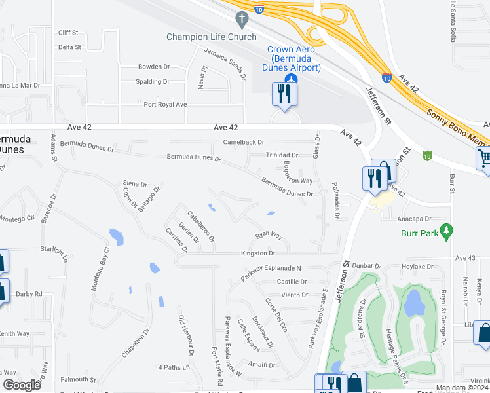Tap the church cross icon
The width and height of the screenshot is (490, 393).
click(242, 19)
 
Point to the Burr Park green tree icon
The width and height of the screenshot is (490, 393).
click(447, 231)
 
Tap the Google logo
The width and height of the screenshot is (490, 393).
click(22, 385)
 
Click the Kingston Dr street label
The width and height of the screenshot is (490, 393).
click(258, 253)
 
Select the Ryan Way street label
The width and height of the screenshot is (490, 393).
click(269, 235)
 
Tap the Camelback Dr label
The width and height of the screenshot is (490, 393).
click(243, 142)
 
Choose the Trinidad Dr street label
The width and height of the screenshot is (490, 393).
click(282, 155)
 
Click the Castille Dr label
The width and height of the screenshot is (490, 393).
click(292, 282)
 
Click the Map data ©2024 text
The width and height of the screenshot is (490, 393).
click(461, 388)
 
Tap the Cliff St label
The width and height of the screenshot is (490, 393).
click(68, 32)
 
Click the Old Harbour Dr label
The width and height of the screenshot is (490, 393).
click(186, 335)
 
